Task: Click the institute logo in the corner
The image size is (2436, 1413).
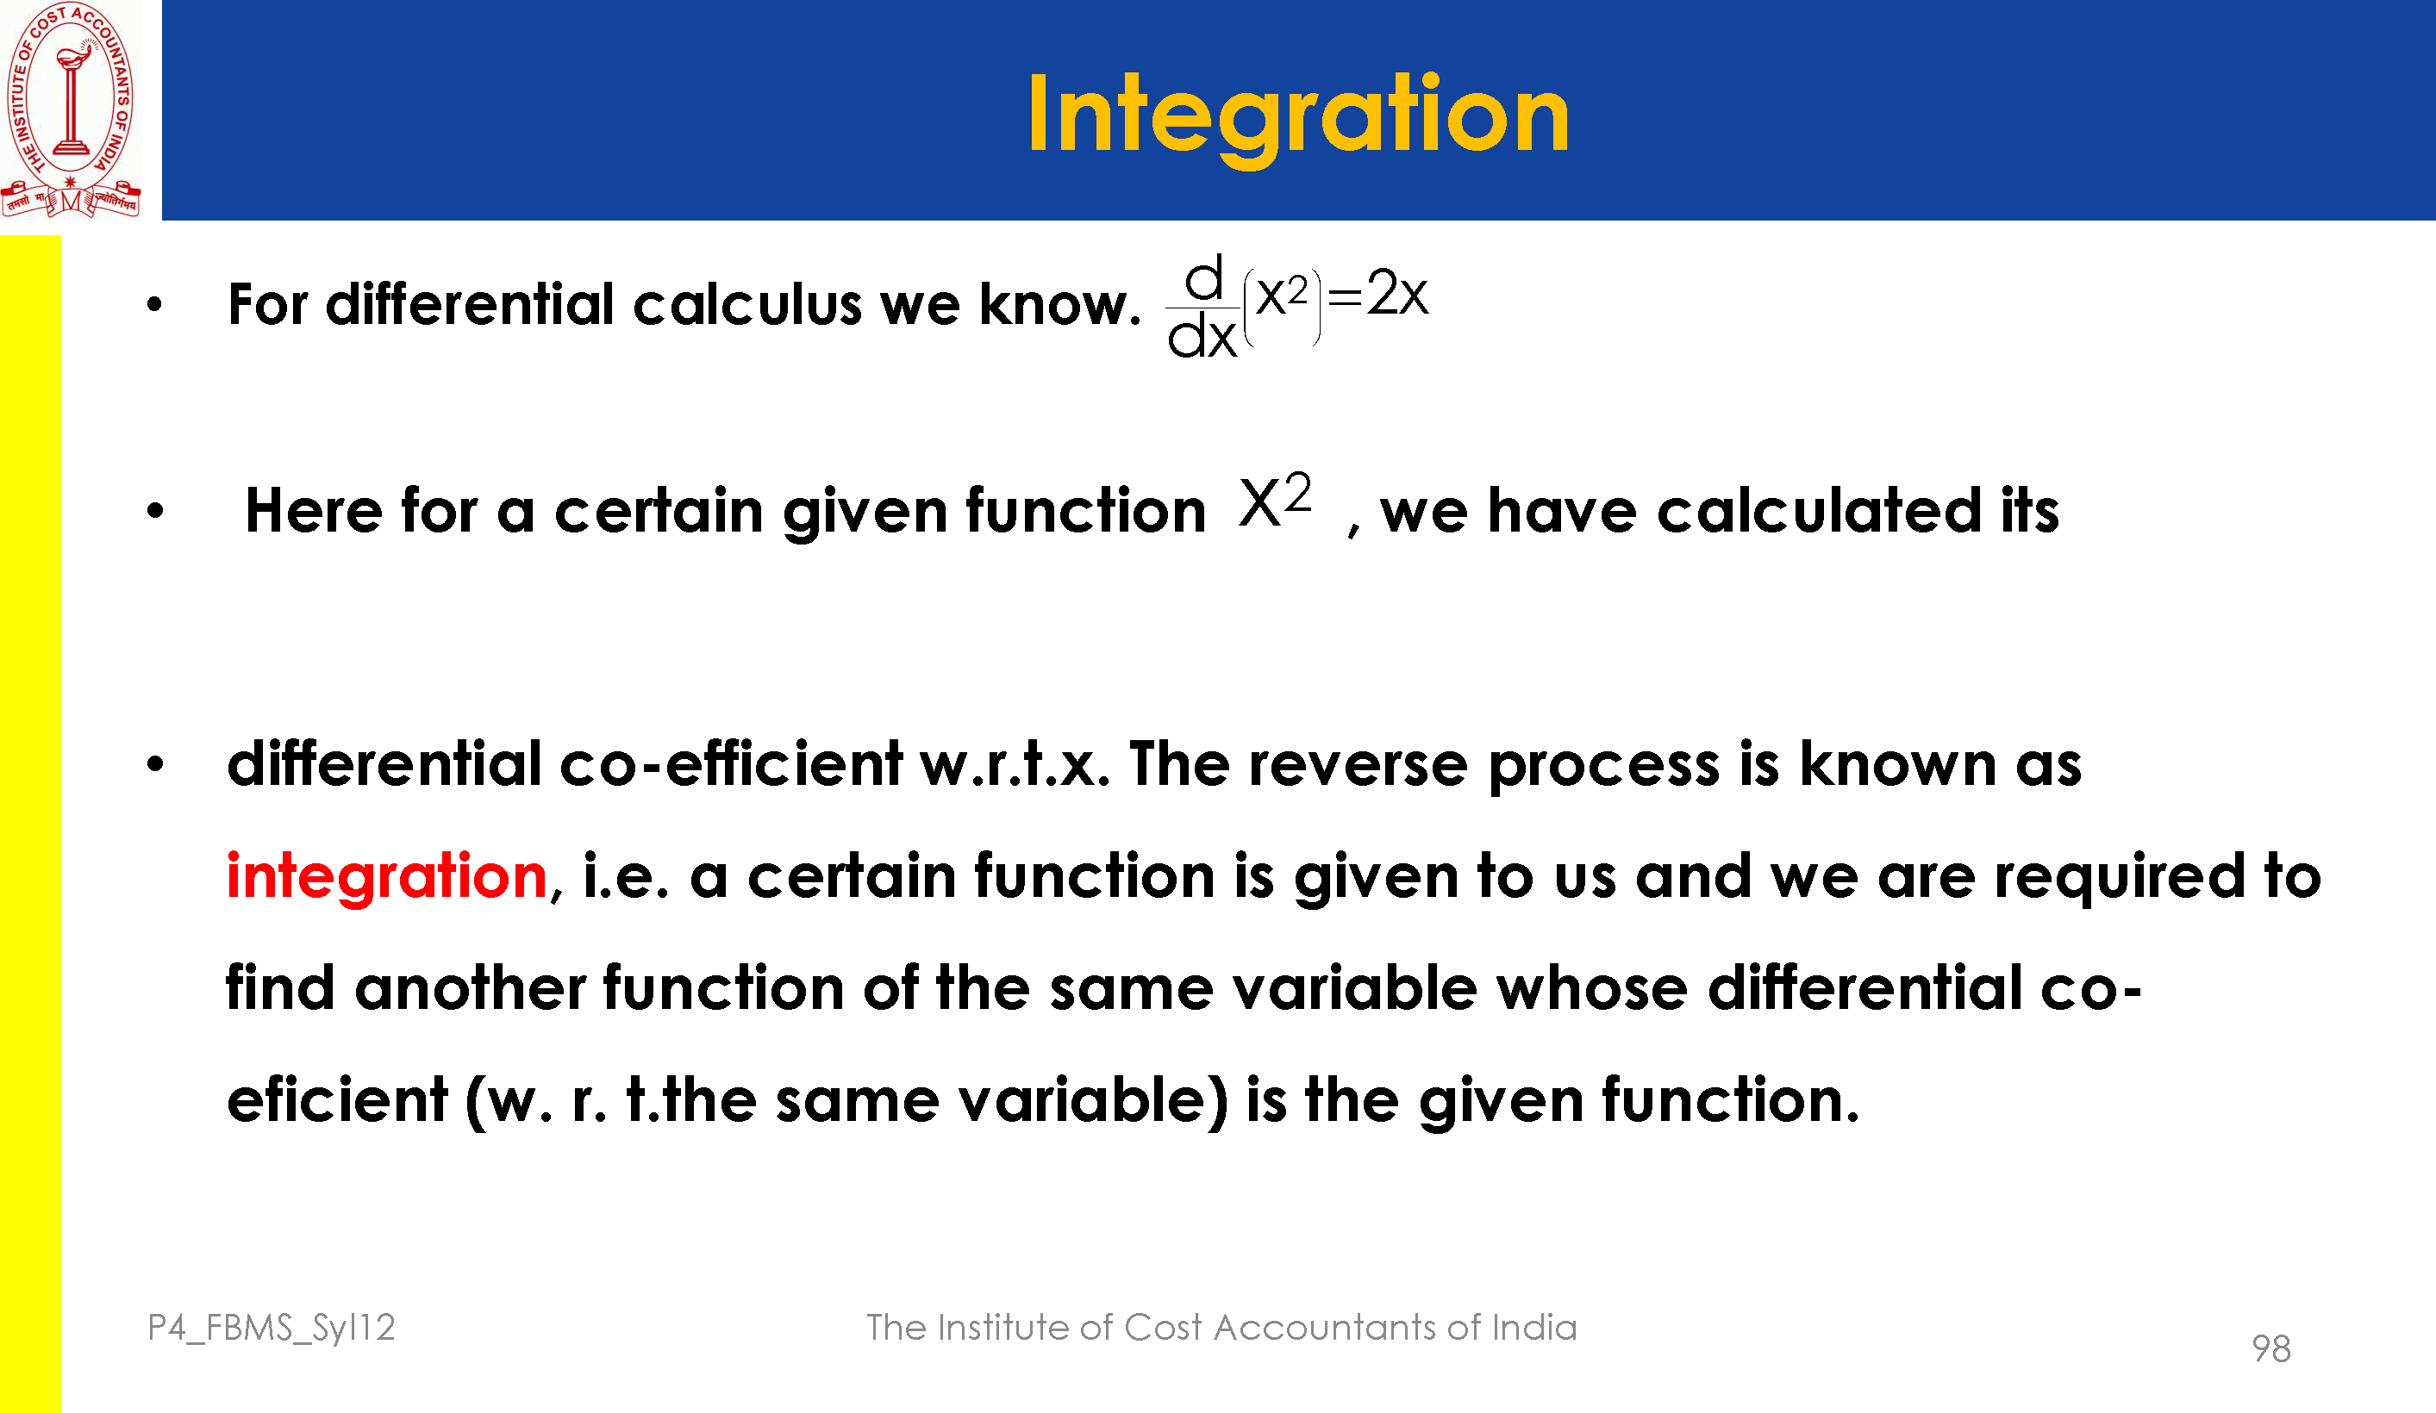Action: point(71,109)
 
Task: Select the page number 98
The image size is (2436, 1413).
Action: point(2270,1348)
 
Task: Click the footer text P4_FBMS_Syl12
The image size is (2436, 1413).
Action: point(272,1329)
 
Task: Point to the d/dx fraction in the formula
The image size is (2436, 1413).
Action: point(1202,308)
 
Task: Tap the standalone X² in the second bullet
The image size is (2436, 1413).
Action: point(1275,501)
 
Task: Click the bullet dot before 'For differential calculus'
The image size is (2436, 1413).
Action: point(154,305)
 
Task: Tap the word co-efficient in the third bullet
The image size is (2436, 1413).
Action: point(731,763)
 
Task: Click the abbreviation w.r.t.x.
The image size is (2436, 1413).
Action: point(1015,765)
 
